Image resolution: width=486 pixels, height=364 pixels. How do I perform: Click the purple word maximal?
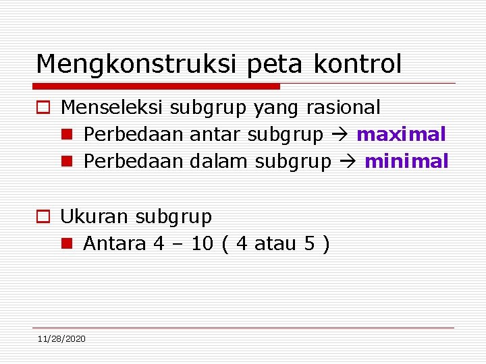point(401,134)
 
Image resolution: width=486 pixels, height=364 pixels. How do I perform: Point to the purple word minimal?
point(406,161)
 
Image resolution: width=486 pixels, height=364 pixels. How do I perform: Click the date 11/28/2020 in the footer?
point(61,338)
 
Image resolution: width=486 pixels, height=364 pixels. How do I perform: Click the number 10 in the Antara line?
point(202,243)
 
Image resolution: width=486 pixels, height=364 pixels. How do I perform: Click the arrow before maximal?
point(340,135)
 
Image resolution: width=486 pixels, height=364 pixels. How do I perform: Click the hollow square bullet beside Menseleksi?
point(43,108)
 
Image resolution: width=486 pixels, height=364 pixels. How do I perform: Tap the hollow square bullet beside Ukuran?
point(43,217)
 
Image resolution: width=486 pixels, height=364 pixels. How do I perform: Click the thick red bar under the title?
point(156,86)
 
